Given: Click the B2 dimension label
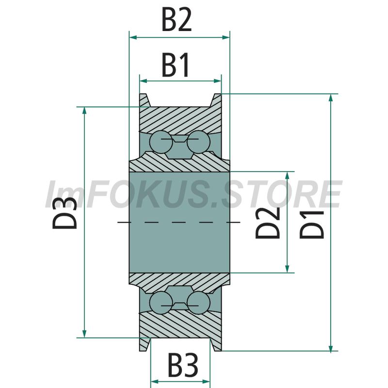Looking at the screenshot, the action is point(177,19).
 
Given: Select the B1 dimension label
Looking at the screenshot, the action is point(176,65).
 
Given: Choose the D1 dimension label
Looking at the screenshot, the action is point(312,225).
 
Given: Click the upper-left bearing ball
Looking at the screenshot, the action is point(161,142).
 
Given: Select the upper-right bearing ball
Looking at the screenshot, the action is point(198,142).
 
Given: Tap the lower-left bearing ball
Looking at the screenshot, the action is point(161,303).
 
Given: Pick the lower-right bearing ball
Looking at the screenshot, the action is point(198,303).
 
